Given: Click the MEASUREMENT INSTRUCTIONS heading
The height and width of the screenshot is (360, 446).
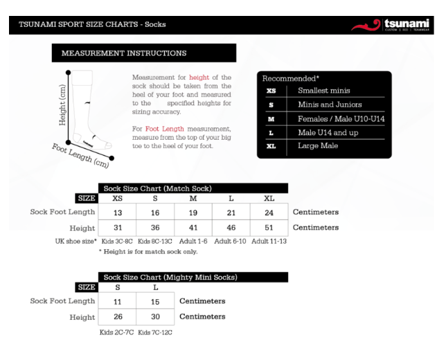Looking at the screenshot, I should [x=124, y=53].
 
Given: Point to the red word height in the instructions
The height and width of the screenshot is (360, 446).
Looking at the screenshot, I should [x=199, y=78].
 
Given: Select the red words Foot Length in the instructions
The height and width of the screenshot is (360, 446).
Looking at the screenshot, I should [x=161, y=129].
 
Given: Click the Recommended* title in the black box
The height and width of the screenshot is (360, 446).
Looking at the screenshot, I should [x=291, y=79].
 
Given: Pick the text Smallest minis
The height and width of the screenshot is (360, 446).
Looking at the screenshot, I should [x=324, y=91].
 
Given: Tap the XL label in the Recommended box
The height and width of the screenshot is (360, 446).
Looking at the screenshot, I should [x=271, y=146].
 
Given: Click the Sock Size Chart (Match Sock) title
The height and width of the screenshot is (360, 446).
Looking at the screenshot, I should [x=157, y=188].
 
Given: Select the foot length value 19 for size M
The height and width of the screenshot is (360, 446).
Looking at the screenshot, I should [x=193, y=213].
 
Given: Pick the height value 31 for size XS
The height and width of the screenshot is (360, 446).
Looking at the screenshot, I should [x=118, y=228].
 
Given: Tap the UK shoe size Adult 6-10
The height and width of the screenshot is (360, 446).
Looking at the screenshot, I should [x=231, y=241].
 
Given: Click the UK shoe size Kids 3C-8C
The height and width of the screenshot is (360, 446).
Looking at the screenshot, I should [x=117, y=241].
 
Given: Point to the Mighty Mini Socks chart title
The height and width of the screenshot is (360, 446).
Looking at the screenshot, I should [x=170, y=277].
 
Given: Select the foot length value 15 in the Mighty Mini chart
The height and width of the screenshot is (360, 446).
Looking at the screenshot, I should [x=156, y=302].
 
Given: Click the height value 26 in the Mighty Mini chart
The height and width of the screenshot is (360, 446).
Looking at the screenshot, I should [x=118, y=317].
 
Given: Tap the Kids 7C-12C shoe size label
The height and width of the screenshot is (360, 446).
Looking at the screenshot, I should [x=155, y=332].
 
